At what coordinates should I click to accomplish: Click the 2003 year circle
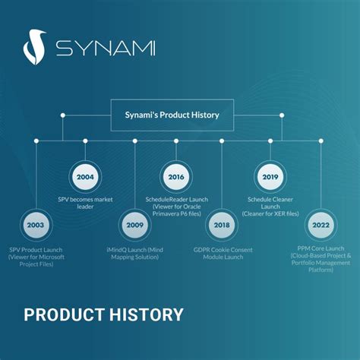click(36, 225)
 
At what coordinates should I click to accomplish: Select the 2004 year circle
click(85, 177)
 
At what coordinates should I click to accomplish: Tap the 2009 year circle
click(134, 225)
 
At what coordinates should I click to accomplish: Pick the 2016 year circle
click(176, 177)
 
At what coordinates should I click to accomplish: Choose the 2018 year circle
click(222, 225)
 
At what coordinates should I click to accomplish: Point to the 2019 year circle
click(270, 177)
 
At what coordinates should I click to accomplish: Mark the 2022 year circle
click(321, 225)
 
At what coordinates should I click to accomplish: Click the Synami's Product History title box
click(172, 115)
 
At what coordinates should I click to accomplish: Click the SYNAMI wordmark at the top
click(106, 49)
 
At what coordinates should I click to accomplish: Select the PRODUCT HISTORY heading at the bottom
click(103, 314)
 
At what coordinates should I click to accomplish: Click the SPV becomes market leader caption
click(85, 203)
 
